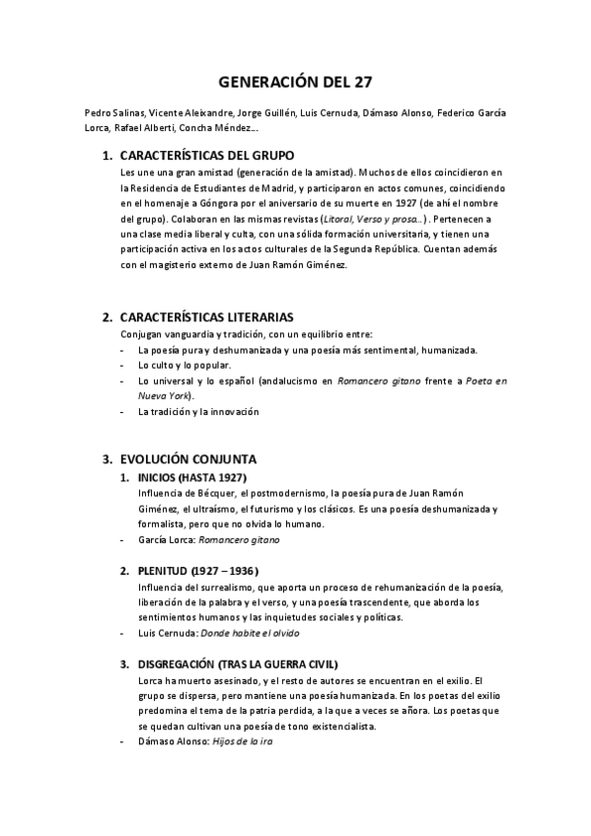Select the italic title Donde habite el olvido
pyautogui.click(x=251, y=633)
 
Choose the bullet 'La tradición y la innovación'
pyautogui.click(x=199, y=411)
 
